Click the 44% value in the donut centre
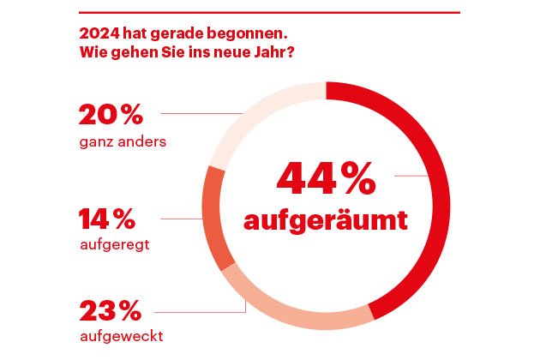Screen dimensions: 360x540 [x=325, y=177]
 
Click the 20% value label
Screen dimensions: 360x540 [x=111, y=114]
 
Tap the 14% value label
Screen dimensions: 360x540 [x=107, y=219]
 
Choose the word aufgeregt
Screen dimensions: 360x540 [x=114, y=245]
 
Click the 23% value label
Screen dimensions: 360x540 [x=111, y=309]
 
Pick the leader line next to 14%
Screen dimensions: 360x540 [x=180, y=219]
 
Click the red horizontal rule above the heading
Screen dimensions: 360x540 [x=269, y=12]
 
